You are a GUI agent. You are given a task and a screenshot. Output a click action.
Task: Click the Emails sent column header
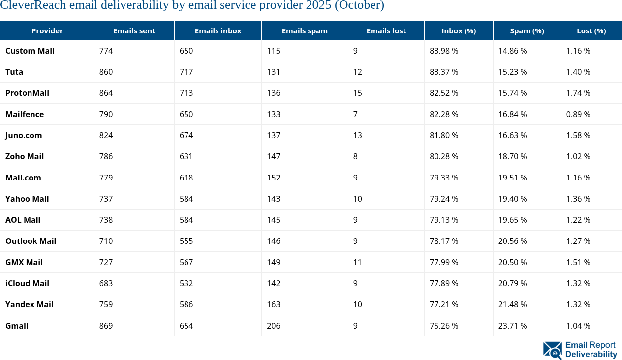click(x=134, y=30)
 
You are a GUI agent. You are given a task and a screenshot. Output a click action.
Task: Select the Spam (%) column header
click(x=527, y=30)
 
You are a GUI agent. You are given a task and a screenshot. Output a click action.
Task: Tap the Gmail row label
click(x=17, y=326)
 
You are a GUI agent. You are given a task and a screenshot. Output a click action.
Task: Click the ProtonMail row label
click(x=27, y=93)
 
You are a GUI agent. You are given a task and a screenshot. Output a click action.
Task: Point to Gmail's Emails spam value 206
click(x=273, y=326)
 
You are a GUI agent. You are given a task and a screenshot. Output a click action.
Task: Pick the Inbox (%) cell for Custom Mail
click(x=444, y=51)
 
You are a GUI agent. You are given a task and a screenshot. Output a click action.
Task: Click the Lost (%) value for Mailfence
click(x=578, y=114)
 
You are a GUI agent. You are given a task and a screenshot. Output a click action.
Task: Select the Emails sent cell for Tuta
click(x=106, y=72)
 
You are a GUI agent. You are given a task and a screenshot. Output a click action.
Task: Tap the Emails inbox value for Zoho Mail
click(x=186, y=156)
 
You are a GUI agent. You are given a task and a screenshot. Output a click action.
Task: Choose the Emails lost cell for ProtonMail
click(x=357, y=93)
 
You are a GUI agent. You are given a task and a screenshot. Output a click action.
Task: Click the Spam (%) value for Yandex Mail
click(x=512, y=304)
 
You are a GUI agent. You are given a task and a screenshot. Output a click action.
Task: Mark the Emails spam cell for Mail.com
click(x=273, y=178)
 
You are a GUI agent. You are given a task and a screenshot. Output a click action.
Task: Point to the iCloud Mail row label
click(x=27, y=283)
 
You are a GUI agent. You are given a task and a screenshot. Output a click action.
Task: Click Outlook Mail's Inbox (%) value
click(x=444, y=241)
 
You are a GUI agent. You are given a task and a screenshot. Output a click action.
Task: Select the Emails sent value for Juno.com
click(x=106, y=135)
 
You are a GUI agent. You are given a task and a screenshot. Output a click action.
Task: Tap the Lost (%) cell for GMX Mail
click(x=578, y=262)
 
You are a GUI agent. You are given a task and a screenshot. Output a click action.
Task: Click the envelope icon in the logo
click(x=552, y=350)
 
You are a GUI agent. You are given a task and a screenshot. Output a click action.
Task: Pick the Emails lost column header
click(x=386, y=30)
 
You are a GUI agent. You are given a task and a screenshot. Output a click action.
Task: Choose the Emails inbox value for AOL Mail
click(x=186, y=220)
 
